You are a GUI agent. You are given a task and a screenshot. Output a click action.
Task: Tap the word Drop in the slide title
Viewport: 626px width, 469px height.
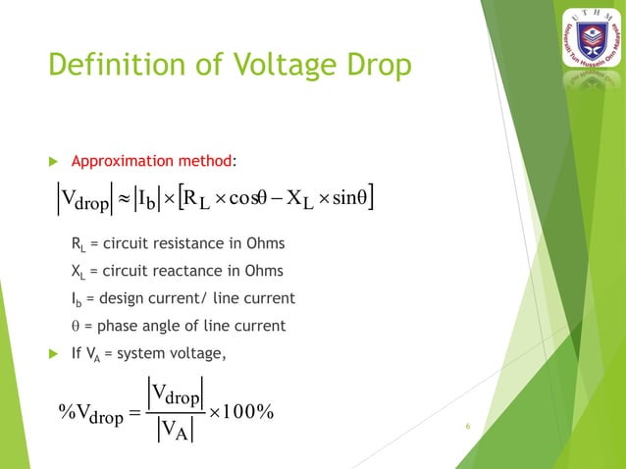370,67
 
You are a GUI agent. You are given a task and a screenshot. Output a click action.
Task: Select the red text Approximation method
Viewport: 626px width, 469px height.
153,160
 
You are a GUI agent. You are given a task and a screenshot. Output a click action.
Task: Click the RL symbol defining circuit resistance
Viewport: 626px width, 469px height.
78,245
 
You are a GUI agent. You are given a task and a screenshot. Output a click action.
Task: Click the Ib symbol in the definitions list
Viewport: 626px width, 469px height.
78,298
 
